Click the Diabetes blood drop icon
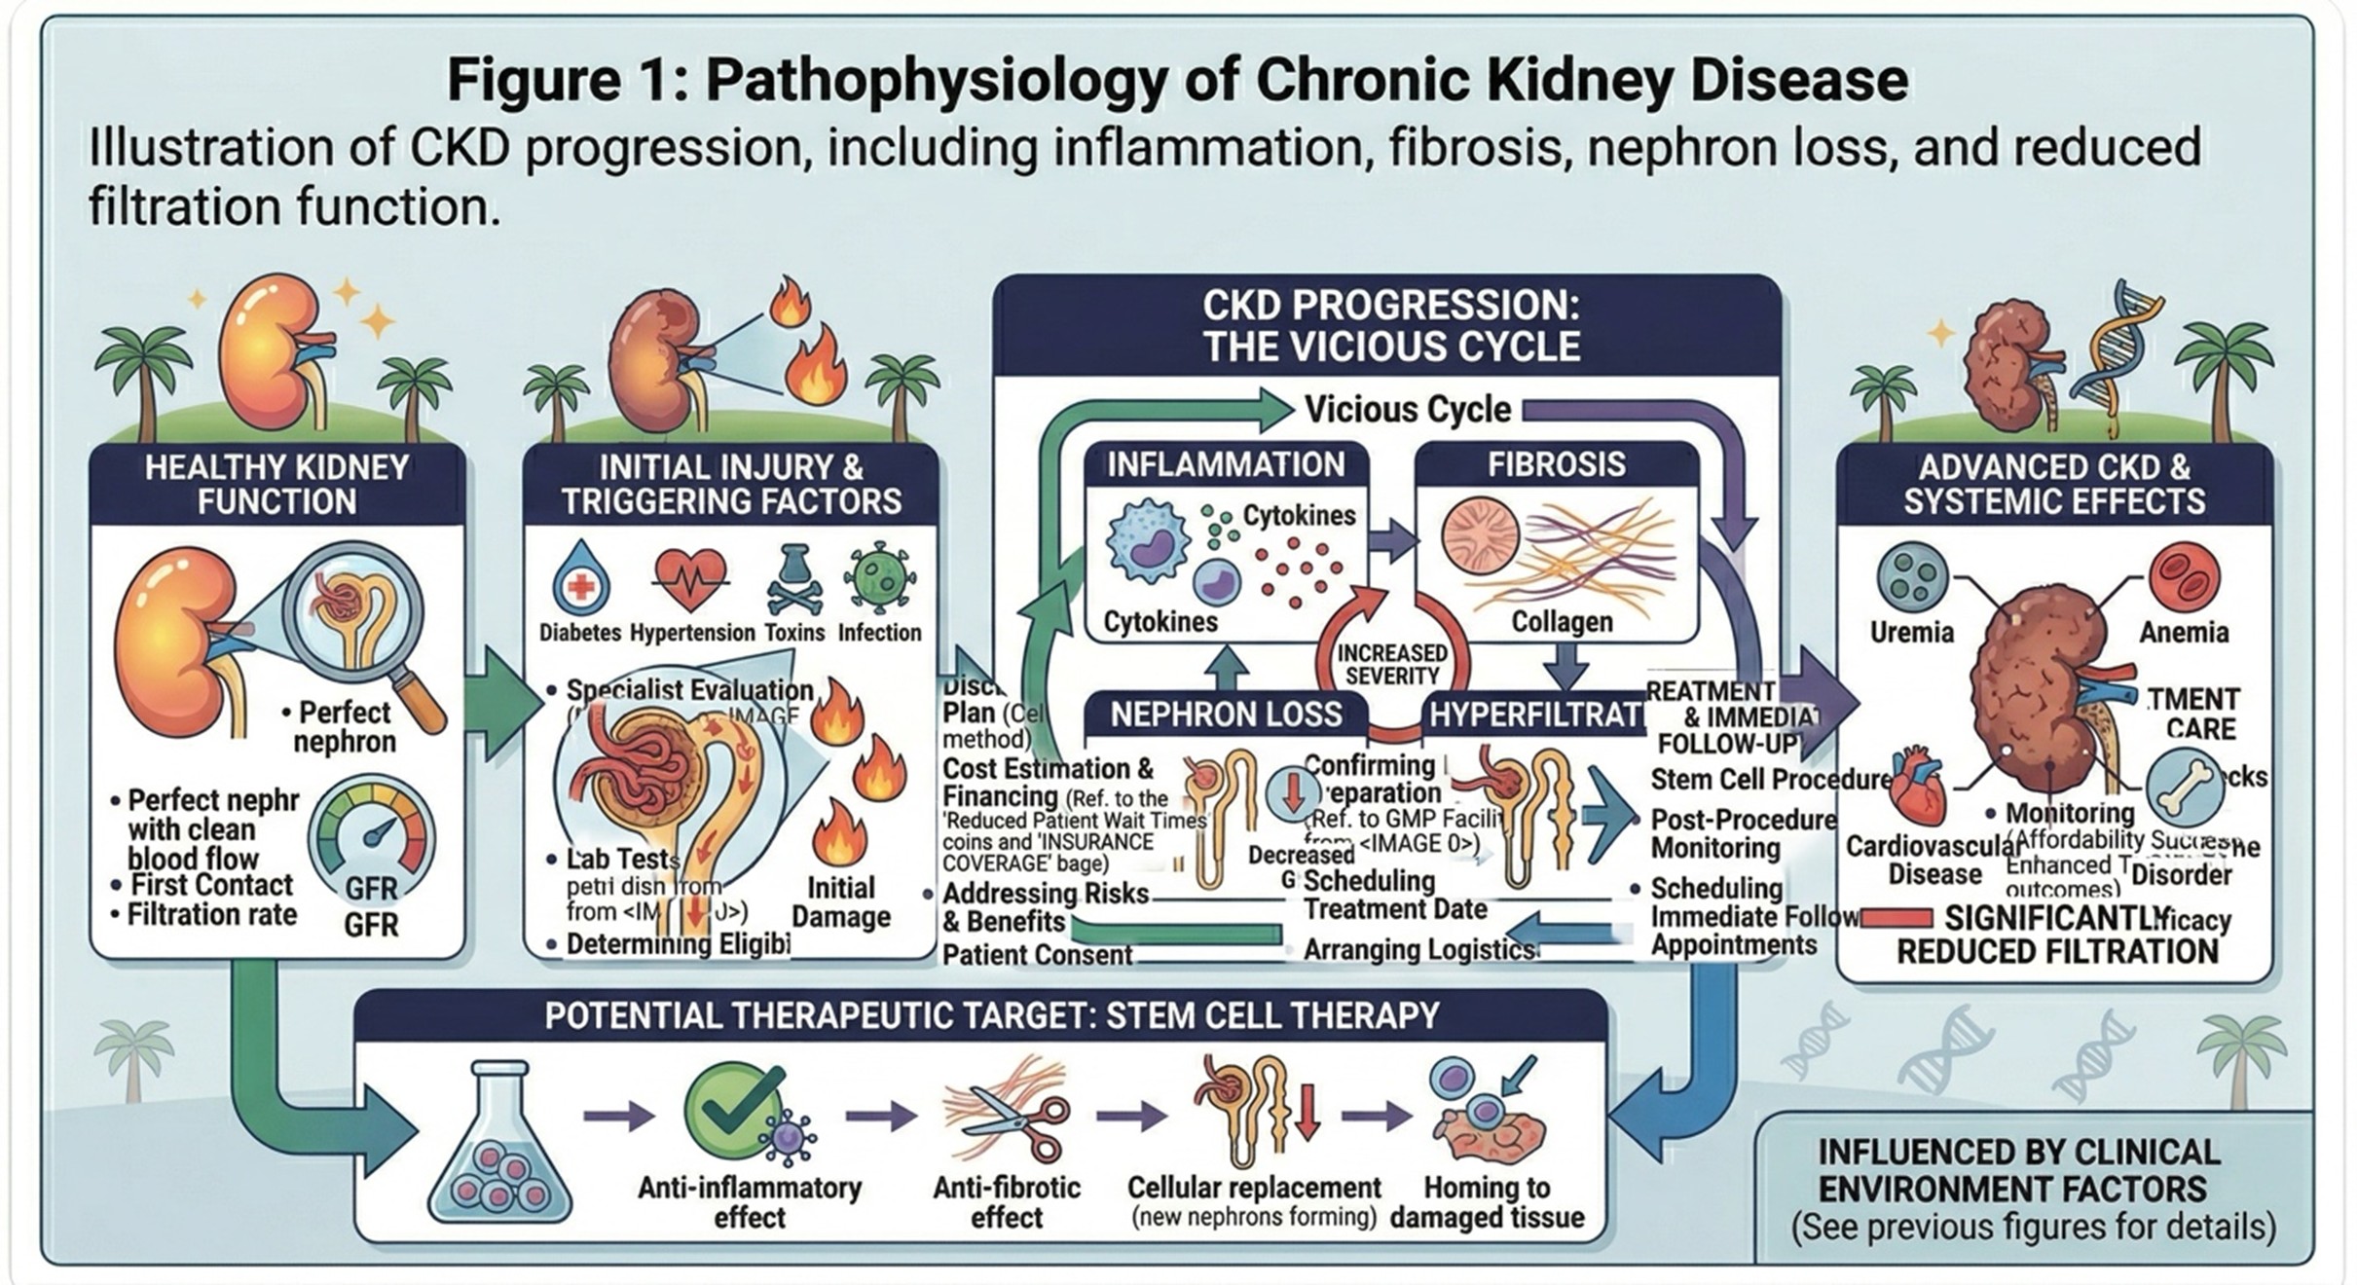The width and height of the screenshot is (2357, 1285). [580, 578]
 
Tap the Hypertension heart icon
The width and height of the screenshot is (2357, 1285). [690, 578]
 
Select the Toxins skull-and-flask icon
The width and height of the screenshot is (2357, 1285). [794, 578]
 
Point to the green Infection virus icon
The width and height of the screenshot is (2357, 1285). [880, 578]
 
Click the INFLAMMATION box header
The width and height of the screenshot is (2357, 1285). [1226, 465]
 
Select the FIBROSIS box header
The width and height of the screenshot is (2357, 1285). [1556, 465]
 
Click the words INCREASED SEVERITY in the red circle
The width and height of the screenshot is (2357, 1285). [1392, 664]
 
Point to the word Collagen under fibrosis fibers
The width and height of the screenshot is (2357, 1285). [1562, 621]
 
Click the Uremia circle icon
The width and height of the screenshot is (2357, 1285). [1912, 577]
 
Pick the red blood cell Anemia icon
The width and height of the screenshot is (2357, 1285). [2184, 577]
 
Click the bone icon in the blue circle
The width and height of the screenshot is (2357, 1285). [2184, 789]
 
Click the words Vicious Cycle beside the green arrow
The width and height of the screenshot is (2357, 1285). [1407, 410]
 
